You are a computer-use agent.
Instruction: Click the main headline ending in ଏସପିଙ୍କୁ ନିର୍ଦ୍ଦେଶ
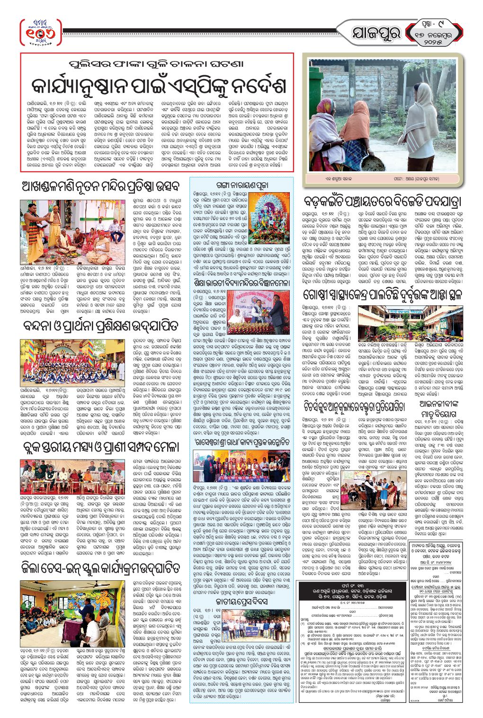[x=157, y=85]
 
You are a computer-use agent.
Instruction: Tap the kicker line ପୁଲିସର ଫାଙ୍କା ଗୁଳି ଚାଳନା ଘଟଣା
[x=157, y=64]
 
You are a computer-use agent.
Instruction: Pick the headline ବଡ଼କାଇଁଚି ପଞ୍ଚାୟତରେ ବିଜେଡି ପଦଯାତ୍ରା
[x=382, y=202]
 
